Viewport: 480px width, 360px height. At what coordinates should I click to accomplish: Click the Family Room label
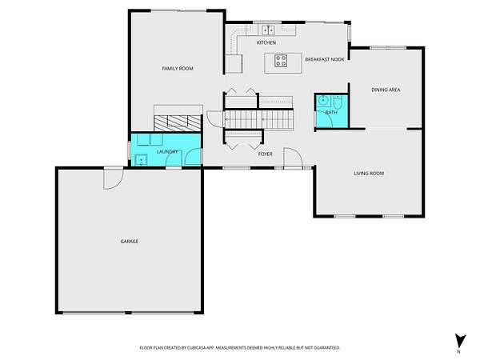pos(178,68)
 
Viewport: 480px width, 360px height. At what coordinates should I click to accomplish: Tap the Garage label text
pos(130,242)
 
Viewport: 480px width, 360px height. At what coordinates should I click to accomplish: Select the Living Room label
pos(369,174)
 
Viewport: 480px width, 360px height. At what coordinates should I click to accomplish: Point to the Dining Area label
pos(386,90)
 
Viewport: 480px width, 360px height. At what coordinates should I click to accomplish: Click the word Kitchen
pos(266,42)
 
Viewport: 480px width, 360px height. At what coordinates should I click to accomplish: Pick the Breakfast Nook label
pos(325,59)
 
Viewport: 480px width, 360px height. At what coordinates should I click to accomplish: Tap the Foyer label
pos(266,154)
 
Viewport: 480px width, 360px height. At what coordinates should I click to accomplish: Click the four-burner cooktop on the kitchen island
pos(281,61)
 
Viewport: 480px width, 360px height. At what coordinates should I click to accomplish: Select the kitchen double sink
pos(268,30)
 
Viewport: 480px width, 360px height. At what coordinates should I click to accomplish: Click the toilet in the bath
pos(338,102)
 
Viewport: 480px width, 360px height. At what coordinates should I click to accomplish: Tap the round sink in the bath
pos(323,100)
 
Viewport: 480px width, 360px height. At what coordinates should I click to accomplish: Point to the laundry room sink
pos(141,160)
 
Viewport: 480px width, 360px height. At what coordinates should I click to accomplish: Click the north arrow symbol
pos(460,342)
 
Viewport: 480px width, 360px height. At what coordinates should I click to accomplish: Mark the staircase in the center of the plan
pos(259,120)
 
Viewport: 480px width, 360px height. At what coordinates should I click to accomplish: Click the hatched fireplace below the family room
pos(178,123)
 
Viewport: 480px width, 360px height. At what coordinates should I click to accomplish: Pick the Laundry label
pos(167,152)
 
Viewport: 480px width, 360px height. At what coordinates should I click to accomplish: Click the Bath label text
pos(331,113)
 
